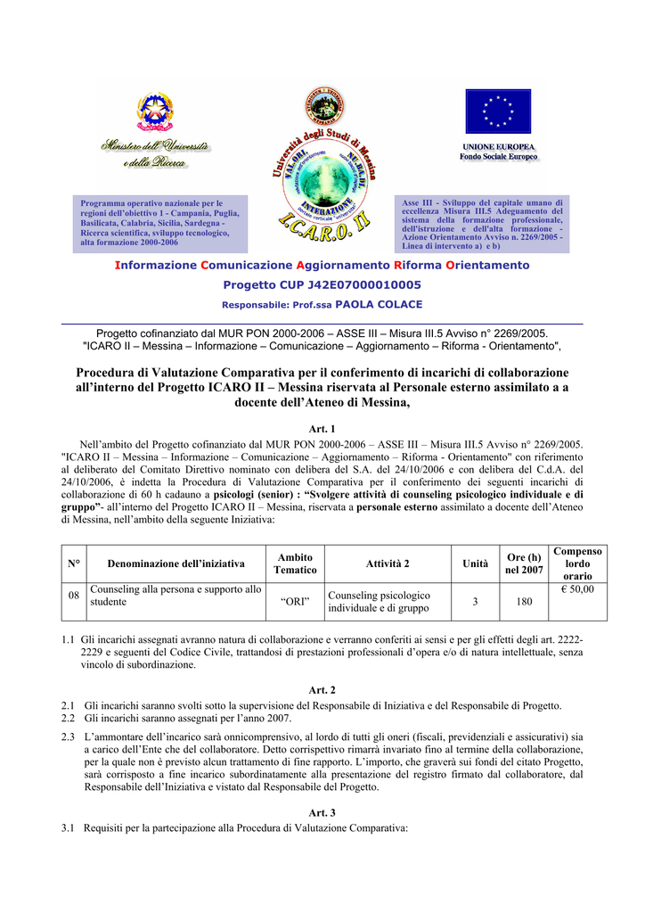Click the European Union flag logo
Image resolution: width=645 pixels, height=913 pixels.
click(x=498, y=111)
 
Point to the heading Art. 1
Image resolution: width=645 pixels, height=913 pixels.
click(x=322, y=429)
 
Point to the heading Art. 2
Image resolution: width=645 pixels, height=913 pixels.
click(x=322, y=690)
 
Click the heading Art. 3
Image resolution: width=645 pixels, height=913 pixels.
click(x=322, y=813)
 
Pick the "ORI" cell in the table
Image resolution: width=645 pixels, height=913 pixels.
click(x=295, y=602)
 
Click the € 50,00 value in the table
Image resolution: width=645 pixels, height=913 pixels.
click(x=577, y=589)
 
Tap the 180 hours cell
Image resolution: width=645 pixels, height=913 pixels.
click(x=523, y=602)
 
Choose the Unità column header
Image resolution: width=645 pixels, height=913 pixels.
click(x=475, y=563)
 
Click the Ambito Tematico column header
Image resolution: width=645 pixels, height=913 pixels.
click(x=295, y=563)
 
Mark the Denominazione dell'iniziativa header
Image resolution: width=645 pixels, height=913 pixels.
click(x=176, y=563)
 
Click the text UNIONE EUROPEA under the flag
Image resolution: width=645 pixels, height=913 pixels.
click(x=498, y=146)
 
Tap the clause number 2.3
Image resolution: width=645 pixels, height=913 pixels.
click(x=68, y=737)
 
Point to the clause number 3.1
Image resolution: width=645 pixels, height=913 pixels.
click(x=68, y=828)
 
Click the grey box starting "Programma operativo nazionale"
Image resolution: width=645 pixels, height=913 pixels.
click(x=160, y=223)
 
